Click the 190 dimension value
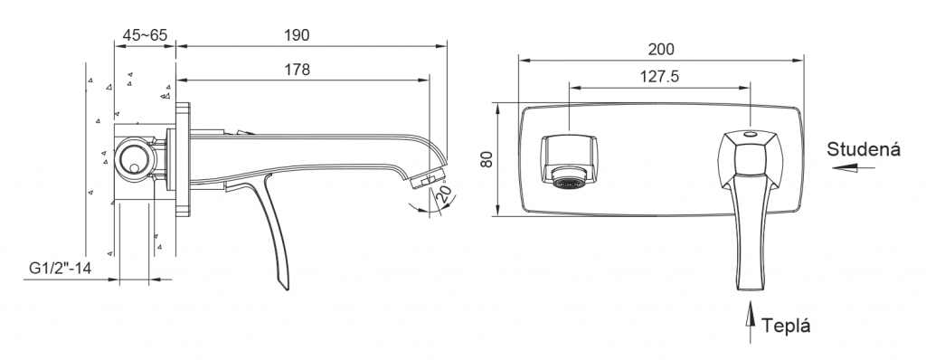[297, 35]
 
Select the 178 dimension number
[297, 70]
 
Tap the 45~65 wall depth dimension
[145, 35]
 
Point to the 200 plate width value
[660, 49]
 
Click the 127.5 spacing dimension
[659, 77]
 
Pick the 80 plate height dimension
[487, 159]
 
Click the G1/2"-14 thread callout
[61, 269]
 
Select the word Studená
[864, 149]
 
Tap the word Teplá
[786, 326]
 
